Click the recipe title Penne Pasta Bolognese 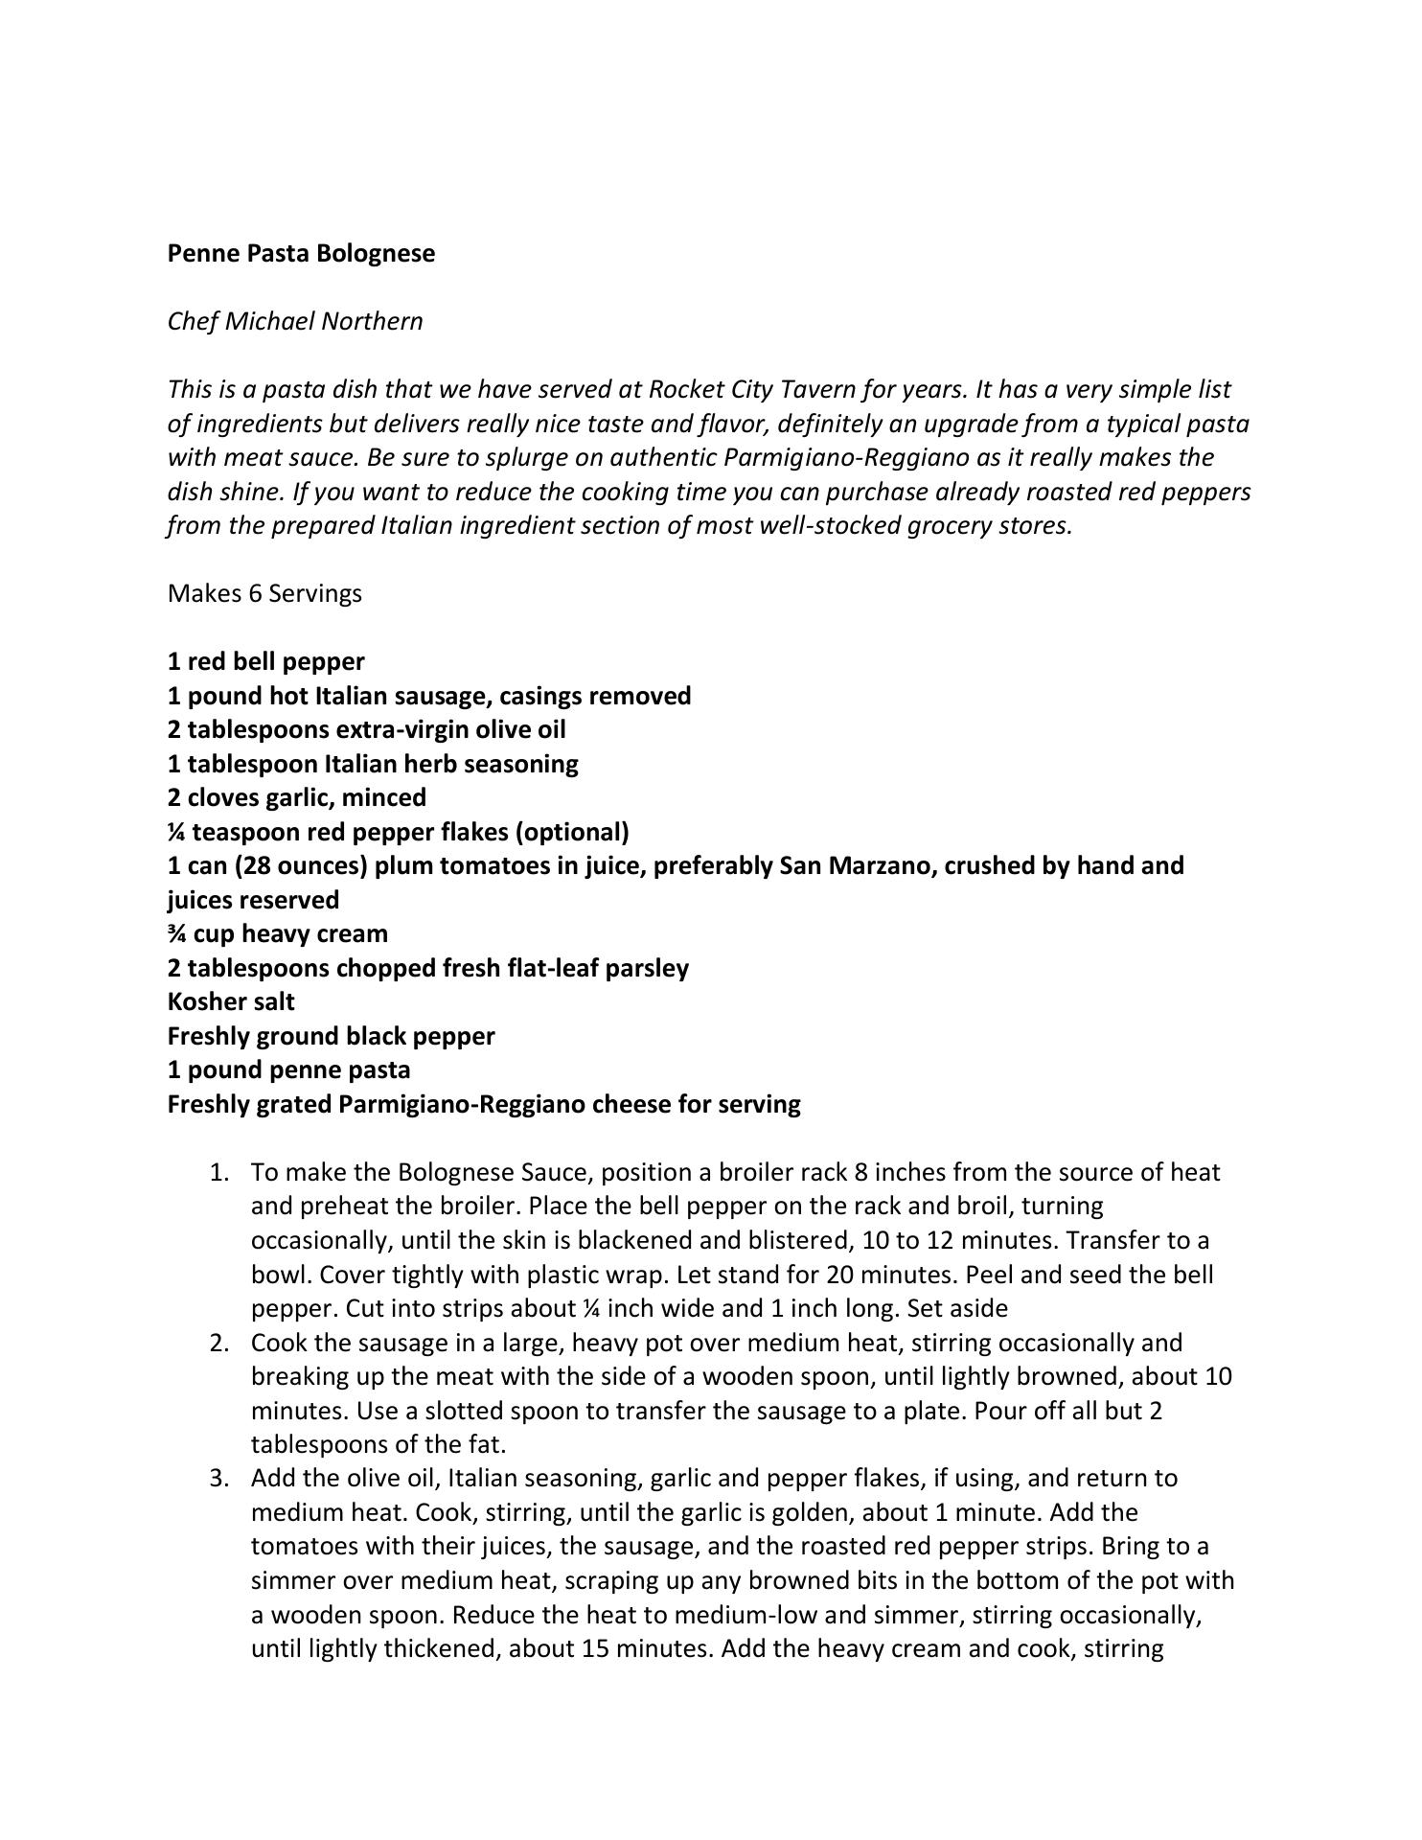[x=301, y=253]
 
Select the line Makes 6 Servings [x=264, y=593]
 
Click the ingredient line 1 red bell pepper [x=265, y=661]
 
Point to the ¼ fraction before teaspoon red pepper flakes [x=176, y=831]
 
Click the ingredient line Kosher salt [x=231, y=1001]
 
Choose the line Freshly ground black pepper [x=331, y=1036]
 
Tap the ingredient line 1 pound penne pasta [x=288, y=1069]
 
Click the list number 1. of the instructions [x=219, y=1172]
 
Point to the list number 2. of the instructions [x=219, y=1343]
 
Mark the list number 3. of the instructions [x=219, y=1478]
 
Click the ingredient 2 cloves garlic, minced [x=297, y=797]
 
